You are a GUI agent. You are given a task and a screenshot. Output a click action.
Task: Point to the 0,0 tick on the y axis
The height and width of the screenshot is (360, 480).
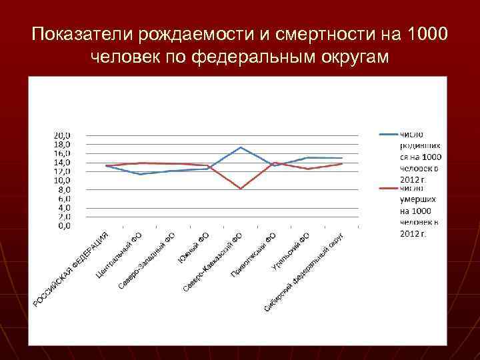tap(65, 226)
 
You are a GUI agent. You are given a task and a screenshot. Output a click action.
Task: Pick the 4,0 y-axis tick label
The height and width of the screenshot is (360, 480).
tap(65, 208)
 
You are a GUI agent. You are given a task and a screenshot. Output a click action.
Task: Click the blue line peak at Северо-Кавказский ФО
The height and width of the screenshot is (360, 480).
tap(241, 147)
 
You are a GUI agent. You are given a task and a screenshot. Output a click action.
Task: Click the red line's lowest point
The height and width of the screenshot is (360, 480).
tap(241, 189)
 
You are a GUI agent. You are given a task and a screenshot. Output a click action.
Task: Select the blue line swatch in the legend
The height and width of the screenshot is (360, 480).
tap(388, 134)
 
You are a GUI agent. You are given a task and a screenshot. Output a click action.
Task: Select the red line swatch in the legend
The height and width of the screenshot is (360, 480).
tap(388, 188)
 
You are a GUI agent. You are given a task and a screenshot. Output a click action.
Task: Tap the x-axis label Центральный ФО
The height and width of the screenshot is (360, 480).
tap(119, 255)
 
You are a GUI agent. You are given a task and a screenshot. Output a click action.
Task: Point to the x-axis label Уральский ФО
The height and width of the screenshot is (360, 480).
tap(291, 251)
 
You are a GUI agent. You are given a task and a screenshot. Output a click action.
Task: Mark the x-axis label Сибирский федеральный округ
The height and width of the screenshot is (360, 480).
tap(303, 274)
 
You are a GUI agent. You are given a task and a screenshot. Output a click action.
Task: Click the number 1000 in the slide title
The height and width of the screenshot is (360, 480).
tap(427, 33)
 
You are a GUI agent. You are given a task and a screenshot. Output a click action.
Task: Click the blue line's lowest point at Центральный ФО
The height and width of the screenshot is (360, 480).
tap(139, 174)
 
